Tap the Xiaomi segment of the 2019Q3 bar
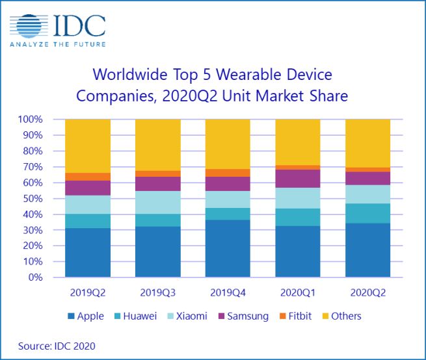pyautogui.click(x=157, y=202)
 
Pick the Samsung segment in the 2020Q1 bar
pyautogui.click(x=298, y=179)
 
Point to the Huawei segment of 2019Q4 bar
pyautogui.click(x=228, y=214)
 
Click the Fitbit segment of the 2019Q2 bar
pyautogui.click(x=88, y=177)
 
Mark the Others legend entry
pyautogui.click(x=341, y=316)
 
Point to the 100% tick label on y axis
pyautogui.click(x=30, y=120)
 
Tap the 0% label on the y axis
pyautogui.click(x=35, y=277)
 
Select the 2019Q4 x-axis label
pyautogui.click(x=228, y=292)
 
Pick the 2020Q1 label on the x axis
pyautogui.click(x=298, y=292)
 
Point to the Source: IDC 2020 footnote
pyautogui.click(x=56, y=346)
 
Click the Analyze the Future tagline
pyautogui.click(x=58, y=44)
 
